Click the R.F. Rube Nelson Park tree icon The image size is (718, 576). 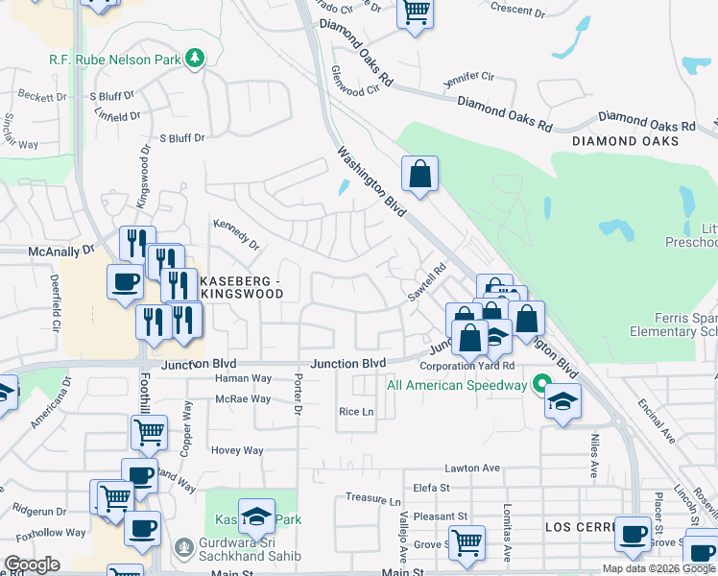tap(196, 59)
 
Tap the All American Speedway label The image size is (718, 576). tap(456, 386)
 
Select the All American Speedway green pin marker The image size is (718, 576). tap(540, 386)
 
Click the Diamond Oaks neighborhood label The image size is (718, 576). tap(625, 141)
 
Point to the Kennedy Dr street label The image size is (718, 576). tap(236, 233)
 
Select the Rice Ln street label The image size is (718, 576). tap(355, 412)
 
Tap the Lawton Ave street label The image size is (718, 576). tap(472, 468)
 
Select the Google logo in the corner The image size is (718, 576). tap(32, 564)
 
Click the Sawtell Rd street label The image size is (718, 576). tap(427, 280)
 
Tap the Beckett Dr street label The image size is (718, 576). tap(41, 97)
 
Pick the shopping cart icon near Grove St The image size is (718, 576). tap(467, 541)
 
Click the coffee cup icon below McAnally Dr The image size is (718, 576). tap(125, 282)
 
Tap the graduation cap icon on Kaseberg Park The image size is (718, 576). tap(256, 516)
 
